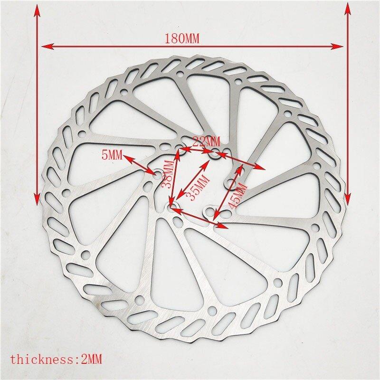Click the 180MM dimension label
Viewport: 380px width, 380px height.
click(x=182, y=39)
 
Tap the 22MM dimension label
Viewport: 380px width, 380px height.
click(x=206, y=141)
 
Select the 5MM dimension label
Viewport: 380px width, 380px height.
click(x=112, y=155)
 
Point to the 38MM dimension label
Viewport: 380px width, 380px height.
click(x=168, y=174)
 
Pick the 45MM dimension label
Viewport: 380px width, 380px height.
click(x=237, y=196)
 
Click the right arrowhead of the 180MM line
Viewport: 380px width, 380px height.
click(x=337, y=46)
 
